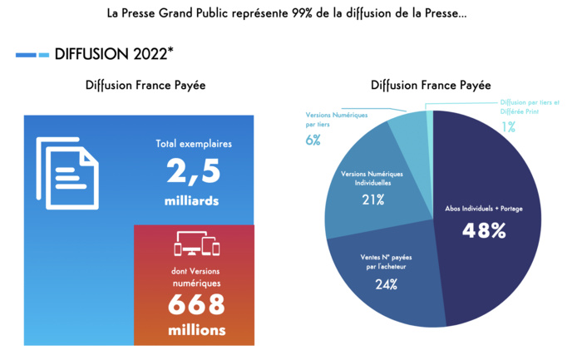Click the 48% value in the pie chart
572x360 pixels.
point(484,231)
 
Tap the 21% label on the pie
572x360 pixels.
point(372,200)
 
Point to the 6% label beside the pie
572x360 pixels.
point(313,141)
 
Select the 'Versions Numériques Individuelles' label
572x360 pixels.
point(372,179)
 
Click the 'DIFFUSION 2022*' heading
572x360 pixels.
point(114,54)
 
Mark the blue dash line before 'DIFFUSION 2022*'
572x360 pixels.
point(32,55)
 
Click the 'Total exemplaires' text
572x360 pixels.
point(193,144)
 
